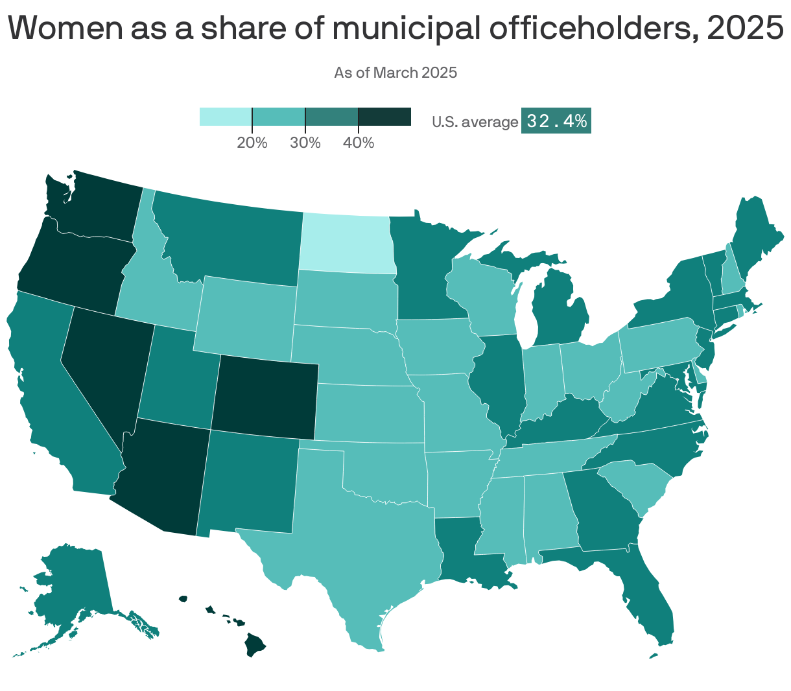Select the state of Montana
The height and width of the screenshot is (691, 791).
(227, 240)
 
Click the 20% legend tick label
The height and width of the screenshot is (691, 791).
(252, 143)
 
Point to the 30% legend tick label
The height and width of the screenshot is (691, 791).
(305, 143)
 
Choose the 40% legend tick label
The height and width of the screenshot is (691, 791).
(359, 143)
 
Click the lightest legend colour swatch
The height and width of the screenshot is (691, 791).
(226, 117)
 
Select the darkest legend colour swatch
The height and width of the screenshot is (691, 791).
(385, 117)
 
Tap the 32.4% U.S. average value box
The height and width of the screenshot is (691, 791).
(556, 121)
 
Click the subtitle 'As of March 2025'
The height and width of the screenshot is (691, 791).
(395, 73)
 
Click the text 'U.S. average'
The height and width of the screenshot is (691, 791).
(475, 122)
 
